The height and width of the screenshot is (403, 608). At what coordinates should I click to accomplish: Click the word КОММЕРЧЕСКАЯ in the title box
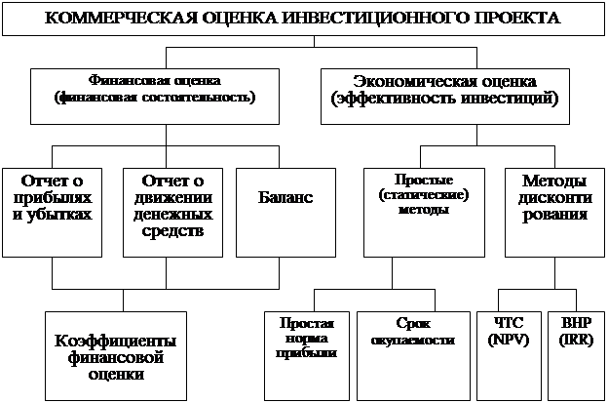pos(106,19)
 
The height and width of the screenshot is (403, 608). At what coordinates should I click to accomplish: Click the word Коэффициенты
pos(116,341)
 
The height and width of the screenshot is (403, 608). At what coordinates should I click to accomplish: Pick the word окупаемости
pos(412,342)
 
